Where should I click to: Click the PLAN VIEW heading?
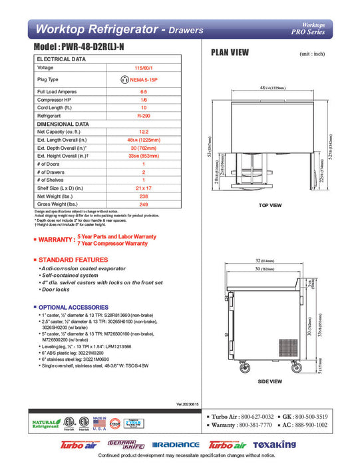click(x=231, y=53)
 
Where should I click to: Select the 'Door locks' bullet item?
click(x=61, y=291)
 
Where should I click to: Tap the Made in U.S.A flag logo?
click(x=99, y=423)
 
